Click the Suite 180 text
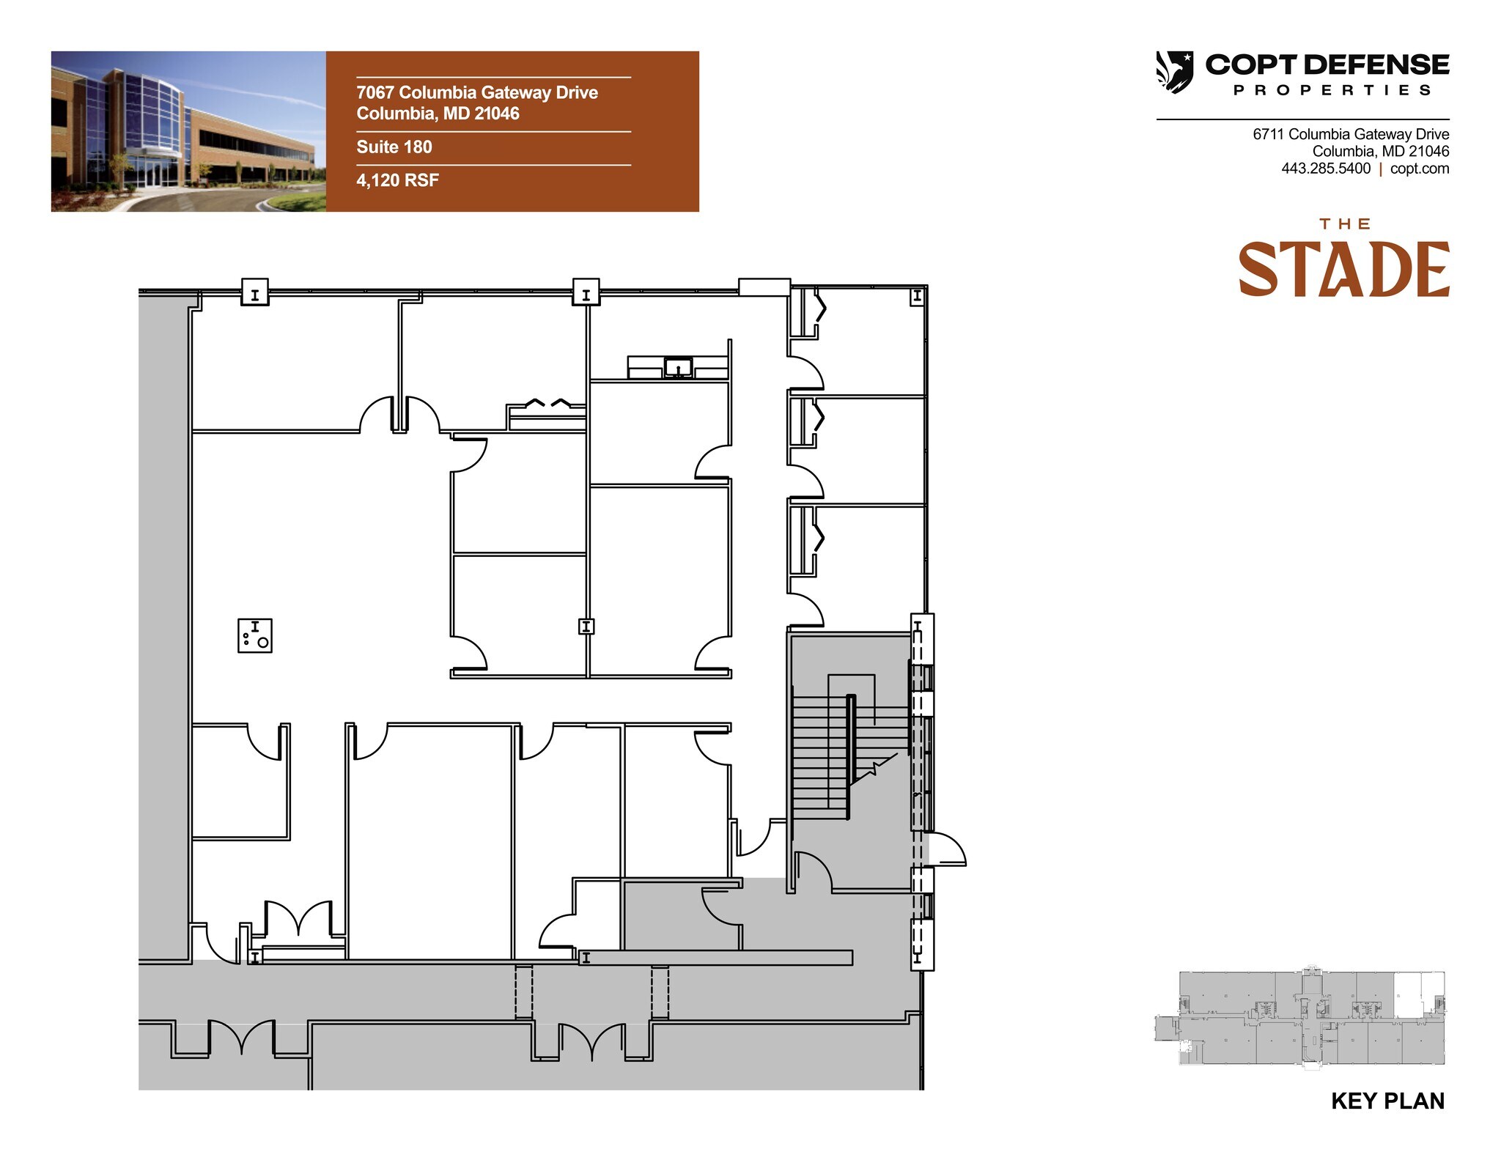click(x=394, y=147)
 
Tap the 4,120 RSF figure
click(x=397, y=180)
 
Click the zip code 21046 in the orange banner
click(x=497, y=114)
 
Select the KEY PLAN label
click(x=1387, y=1101)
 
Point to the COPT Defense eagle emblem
click(x=1174, y=72)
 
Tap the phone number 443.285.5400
click(x=1325, y=169)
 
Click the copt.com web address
click(x=1419, y=169)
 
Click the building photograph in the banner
click(x=188, y=131)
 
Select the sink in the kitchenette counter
click(x=678, y=367)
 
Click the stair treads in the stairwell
click(x=819, y=755)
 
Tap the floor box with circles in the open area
click(x=255, y=635)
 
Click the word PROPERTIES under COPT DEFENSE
click(x=1332, y=90)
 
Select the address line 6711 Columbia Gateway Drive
click(x=1350, y=134)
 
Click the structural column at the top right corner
click(x=916, y=296)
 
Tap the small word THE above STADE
click(x=1345, y=223)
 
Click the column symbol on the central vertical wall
click(x=586, y=627)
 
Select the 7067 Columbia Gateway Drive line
click(x=476, y=93)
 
